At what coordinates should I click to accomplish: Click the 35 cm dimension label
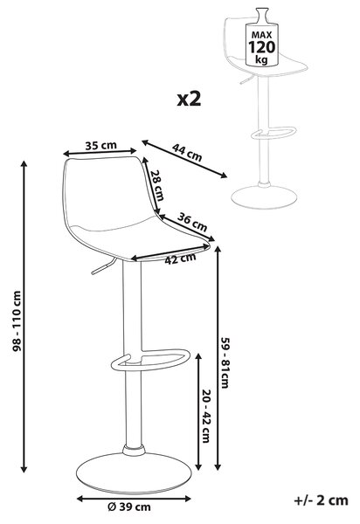100,145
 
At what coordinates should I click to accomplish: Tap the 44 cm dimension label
187,152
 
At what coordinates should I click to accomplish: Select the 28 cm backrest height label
156,185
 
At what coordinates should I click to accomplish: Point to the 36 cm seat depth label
192,222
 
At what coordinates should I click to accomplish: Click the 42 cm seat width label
180,259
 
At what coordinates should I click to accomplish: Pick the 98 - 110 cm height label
17,321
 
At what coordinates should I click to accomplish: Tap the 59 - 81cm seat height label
225,362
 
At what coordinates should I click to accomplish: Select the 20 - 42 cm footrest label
206,416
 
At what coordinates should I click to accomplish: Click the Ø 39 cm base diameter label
129,507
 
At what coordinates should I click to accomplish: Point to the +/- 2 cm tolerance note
321,500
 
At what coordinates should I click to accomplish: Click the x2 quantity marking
190,99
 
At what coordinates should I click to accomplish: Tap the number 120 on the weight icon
262,47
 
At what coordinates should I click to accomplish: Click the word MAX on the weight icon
262,35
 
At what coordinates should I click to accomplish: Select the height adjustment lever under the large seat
103,266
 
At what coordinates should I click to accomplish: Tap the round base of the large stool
134,473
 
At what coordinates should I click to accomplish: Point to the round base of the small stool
264,197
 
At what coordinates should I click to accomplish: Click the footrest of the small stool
274,133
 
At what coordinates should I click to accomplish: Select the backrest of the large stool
107,190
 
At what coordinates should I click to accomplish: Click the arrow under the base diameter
134,500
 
